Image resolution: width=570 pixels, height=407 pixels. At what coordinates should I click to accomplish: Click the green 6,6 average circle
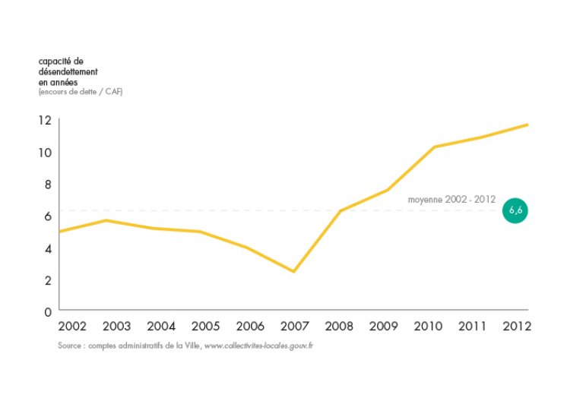click(515, 210)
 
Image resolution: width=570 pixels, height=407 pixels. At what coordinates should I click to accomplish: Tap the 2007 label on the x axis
click(294, 327)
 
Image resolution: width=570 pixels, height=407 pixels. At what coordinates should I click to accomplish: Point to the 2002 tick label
click(71, 327)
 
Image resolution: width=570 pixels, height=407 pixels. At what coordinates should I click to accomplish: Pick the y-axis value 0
click(47, 311)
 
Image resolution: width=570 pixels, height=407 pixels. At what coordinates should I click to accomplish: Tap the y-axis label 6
click(47, 216)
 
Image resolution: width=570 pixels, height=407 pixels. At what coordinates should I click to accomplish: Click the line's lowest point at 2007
click(293, 271)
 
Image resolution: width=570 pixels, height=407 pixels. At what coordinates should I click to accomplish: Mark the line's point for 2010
click(434, 147)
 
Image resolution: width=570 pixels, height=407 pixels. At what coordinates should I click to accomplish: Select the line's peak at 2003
click(106, 220)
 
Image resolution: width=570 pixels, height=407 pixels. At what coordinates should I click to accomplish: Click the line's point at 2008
click(340, 210)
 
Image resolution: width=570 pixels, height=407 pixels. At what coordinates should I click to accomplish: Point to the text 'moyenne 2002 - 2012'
click(451, 199)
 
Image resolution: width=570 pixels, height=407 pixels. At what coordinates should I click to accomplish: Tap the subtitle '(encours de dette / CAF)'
click(80, 92)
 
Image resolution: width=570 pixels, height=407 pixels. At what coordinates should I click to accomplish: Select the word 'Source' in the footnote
click(69, 345)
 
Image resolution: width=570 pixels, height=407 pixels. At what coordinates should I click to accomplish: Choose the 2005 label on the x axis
click(205, 327)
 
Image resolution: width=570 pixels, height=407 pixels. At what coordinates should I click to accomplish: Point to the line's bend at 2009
click(387, 190)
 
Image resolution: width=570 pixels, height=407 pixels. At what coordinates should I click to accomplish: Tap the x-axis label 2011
click(473, 327)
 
